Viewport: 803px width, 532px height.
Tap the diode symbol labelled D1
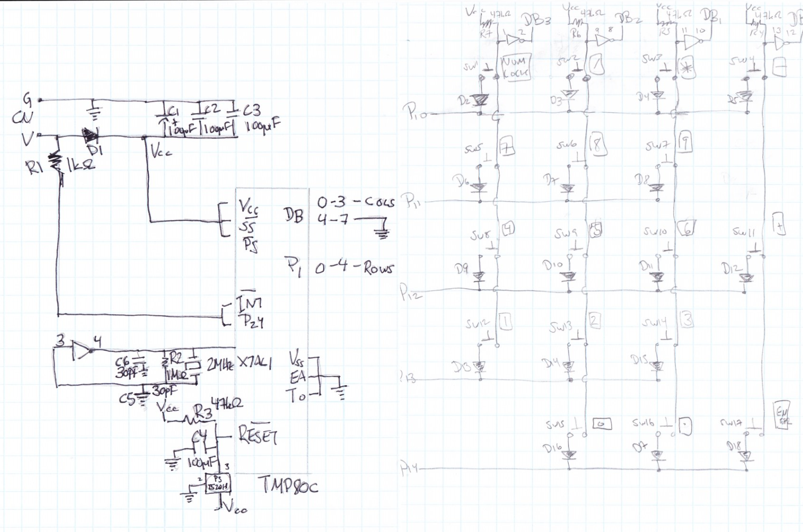click(90, 135)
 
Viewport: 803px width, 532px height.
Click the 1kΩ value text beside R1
click(80, 164)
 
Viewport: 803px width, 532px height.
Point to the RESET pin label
click(258, 434)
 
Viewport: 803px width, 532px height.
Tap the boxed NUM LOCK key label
click(515, 67)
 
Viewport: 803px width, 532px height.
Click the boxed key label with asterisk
click(686, 68)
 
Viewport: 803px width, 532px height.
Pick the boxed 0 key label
click(601, 424)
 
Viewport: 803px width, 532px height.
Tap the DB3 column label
click(537, 21)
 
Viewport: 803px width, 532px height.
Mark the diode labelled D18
click(747, 455)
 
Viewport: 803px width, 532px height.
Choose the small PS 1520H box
click(217, 483)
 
